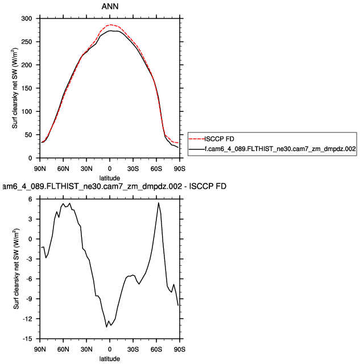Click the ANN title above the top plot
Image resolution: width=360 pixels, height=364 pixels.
(x=110, y=7)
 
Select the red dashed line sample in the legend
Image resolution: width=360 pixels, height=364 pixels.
(x=196, y=139)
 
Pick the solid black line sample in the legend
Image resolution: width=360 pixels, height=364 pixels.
(x=196, y=148)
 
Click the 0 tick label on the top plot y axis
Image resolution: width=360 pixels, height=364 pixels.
(x=32, y=158)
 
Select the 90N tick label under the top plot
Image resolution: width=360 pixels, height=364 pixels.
(x=39, y=169)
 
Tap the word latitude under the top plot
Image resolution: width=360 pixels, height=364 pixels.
(x=110, y=178)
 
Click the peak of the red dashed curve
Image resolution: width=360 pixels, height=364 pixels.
(x=110, y=24)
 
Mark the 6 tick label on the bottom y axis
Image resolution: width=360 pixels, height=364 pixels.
(x=32, y=199)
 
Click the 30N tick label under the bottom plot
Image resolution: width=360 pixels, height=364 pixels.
(x=86, y=349)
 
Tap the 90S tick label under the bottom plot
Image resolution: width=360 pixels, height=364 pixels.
(x=180, y=349)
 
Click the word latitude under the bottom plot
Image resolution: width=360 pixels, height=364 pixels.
(x=110, y=359)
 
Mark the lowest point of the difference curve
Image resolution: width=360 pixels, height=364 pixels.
(x=106, y=327)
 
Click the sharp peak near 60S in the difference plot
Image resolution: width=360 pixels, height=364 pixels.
(x=159, y=203)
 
